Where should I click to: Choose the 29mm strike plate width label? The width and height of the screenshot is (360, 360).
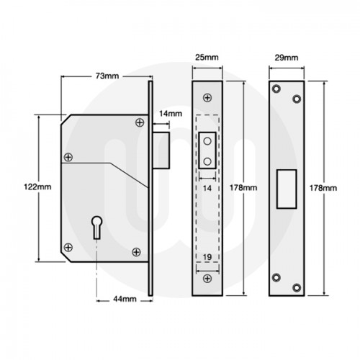pos(286,56)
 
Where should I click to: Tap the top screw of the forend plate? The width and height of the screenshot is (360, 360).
pos(208,97)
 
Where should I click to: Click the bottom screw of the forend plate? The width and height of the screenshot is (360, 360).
pos(208,277)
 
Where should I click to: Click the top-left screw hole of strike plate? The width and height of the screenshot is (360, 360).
pos(276,89)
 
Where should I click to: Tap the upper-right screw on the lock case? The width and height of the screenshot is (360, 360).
pos(139,123)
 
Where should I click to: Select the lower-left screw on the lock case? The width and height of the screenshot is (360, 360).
pos(67,246)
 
